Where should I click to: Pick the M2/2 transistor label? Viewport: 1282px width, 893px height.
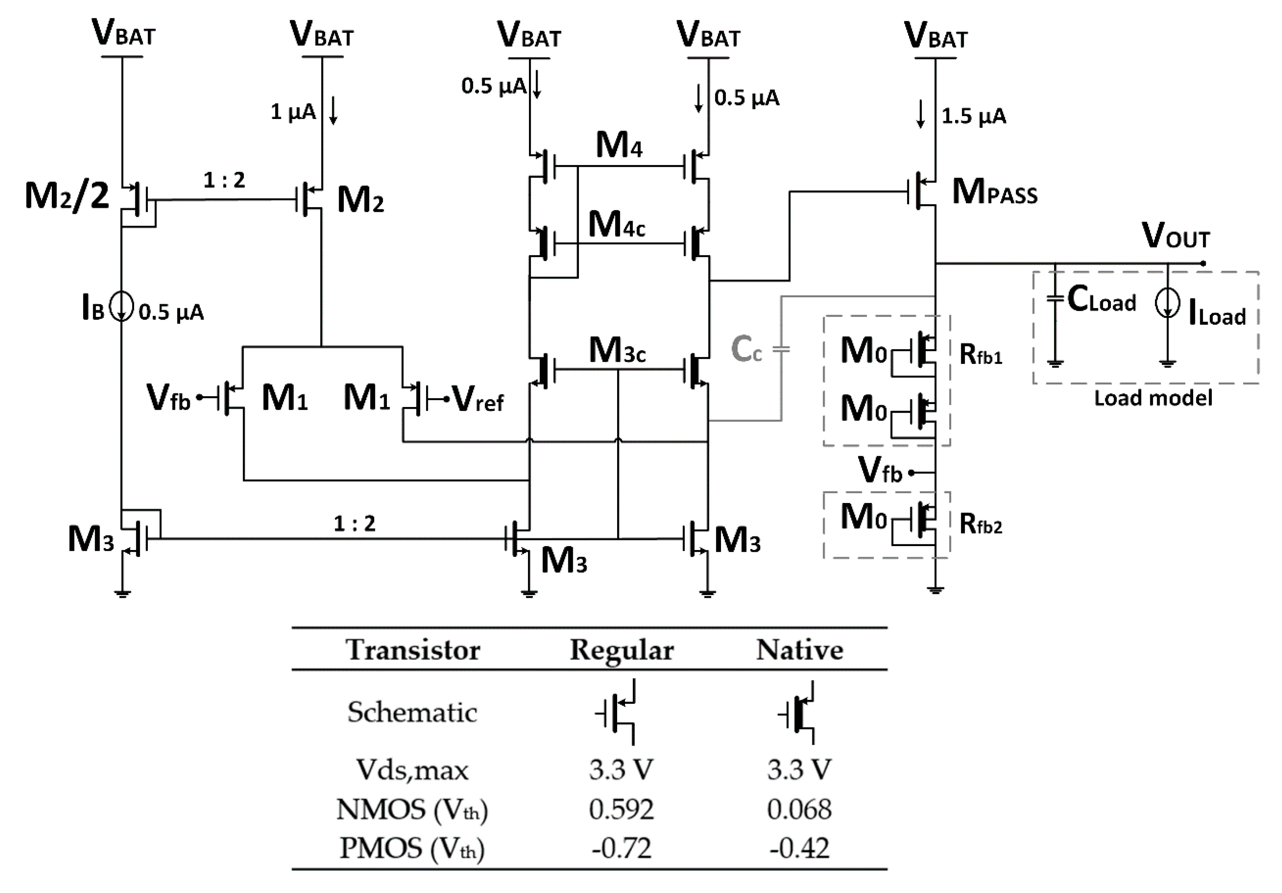point(67,196)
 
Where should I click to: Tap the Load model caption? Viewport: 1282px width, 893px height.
point(1153,398)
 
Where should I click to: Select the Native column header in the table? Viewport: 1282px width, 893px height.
point(799,650)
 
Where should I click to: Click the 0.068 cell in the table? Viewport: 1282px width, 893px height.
point(799,809)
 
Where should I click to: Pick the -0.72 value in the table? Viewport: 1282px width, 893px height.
point(621,848)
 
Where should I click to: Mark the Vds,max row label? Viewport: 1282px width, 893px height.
point(412,770)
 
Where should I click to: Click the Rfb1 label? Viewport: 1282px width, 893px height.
point(981,354)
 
